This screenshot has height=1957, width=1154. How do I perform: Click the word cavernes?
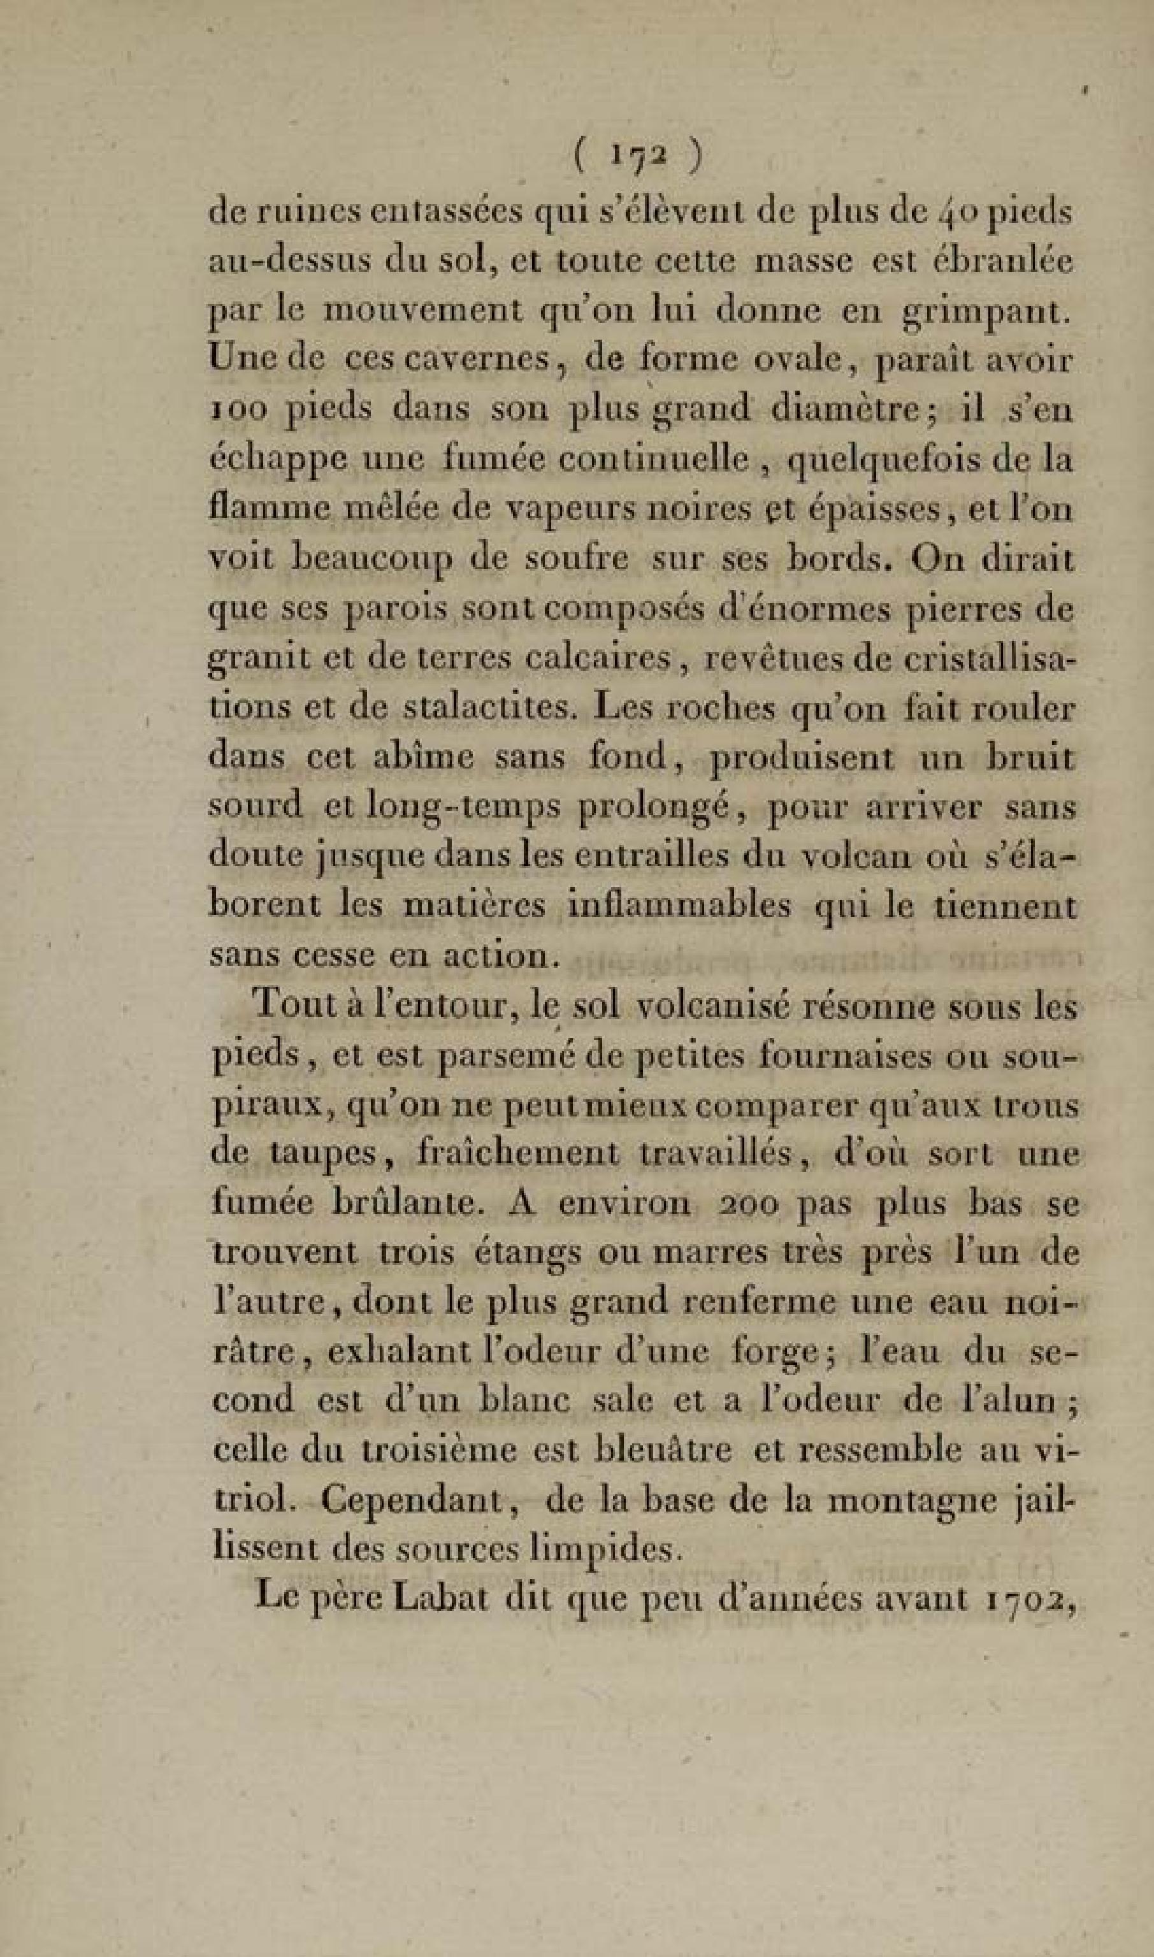[447, 361]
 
